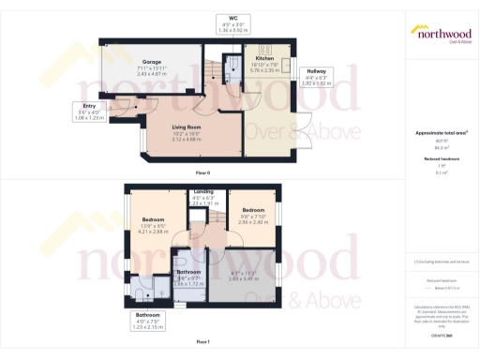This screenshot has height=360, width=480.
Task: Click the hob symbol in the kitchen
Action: point(265,50)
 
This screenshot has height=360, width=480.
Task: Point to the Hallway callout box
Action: point(316,77)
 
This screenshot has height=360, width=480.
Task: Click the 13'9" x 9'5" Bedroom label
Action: point(154,224)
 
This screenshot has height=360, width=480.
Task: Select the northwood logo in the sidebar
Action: point(441,35)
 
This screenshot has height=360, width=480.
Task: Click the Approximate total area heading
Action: point(441,132)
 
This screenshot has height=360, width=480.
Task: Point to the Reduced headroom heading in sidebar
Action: point(441,160)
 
